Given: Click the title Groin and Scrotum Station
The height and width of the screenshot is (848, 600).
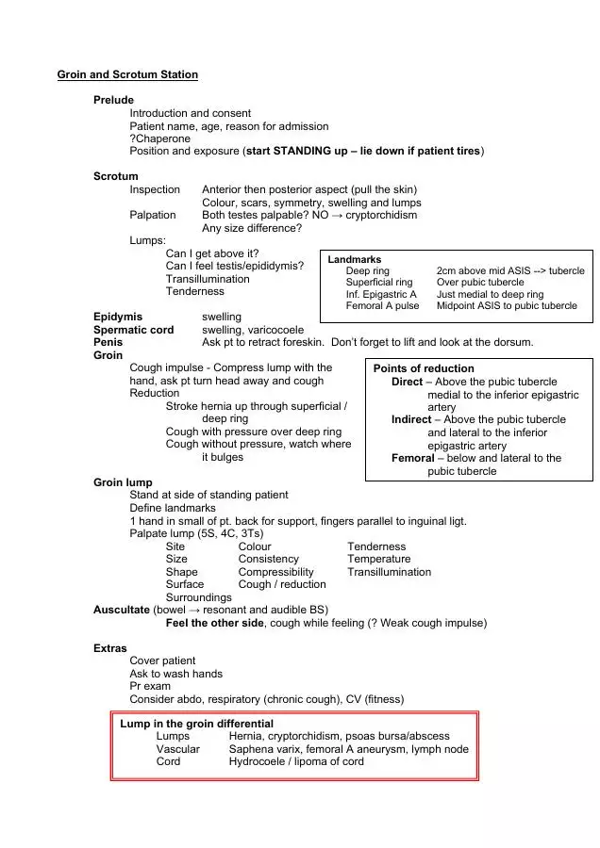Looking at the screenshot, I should (x=127, y=74).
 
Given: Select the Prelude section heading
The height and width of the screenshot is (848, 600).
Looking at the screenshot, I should (x=113, y=100).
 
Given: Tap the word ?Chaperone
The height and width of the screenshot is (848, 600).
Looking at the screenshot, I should (x=159, y=139).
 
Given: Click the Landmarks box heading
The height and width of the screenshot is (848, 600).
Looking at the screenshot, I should (x=355, y=259).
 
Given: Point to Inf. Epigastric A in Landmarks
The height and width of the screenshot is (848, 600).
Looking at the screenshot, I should (x=381, y=294).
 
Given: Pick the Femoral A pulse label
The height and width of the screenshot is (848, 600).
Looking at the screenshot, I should (x=382, y=306).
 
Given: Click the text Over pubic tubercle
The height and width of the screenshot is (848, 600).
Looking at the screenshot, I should (x=479, y=282).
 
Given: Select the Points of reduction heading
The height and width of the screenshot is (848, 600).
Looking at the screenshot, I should (x=424, y=368).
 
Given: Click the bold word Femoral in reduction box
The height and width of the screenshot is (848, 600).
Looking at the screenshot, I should (x=412, y=458).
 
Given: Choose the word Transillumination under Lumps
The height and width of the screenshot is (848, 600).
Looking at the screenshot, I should (x=208, y=279).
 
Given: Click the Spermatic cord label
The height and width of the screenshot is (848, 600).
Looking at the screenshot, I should (x=133, y=330).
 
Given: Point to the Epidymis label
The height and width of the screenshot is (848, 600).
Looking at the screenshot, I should (x=118, y=317).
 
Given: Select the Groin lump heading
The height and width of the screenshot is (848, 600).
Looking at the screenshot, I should (x=123, y=482).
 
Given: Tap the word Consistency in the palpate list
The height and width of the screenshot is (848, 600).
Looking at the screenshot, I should (x=268, y=559).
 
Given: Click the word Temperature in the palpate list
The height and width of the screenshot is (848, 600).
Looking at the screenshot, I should (x=378, y=559).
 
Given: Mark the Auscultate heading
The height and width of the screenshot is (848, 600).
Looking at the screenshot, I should (x=121, y=610).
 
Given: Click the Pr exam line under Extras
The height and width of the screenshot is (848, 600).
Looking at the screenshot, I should (x=150, y=687).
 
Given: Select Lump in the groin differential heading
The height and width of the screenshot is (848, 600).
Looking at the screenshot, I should (x=196, y=724).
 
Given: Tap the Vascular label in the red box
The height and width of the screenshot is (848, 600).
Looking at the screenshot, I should (x=177, y=749).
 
